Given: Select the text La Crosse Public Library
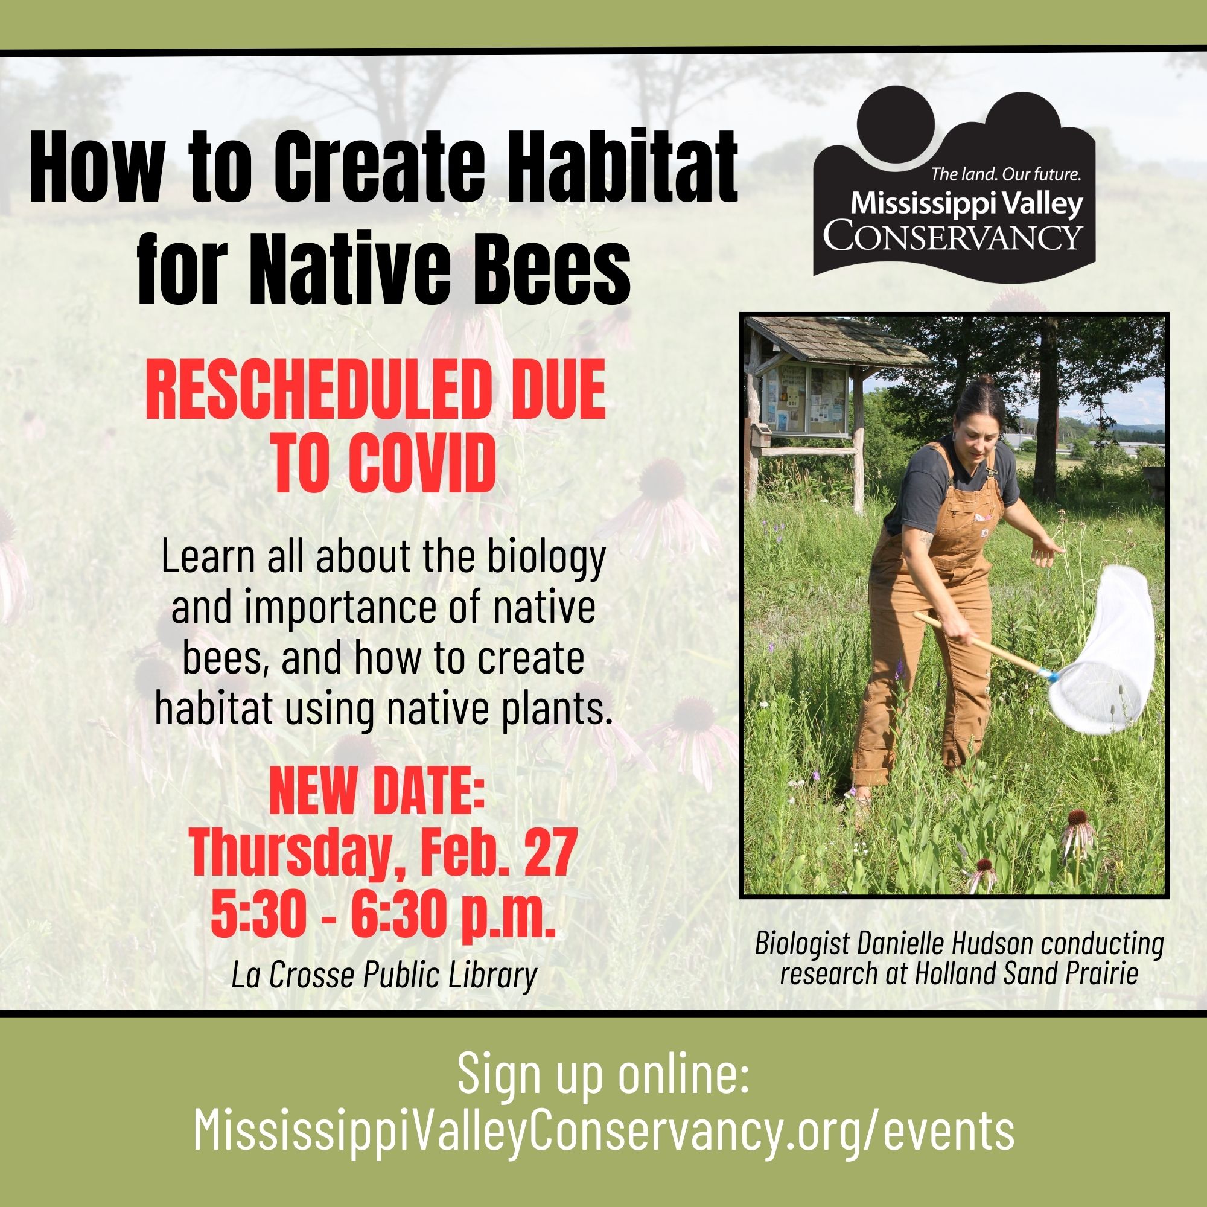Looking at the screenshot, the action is coord(384,975).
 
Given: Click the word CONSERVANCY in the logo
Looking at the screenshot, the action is coord(952,235).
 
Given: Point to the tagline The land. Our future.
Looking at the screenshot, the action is coord(1005,175).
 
